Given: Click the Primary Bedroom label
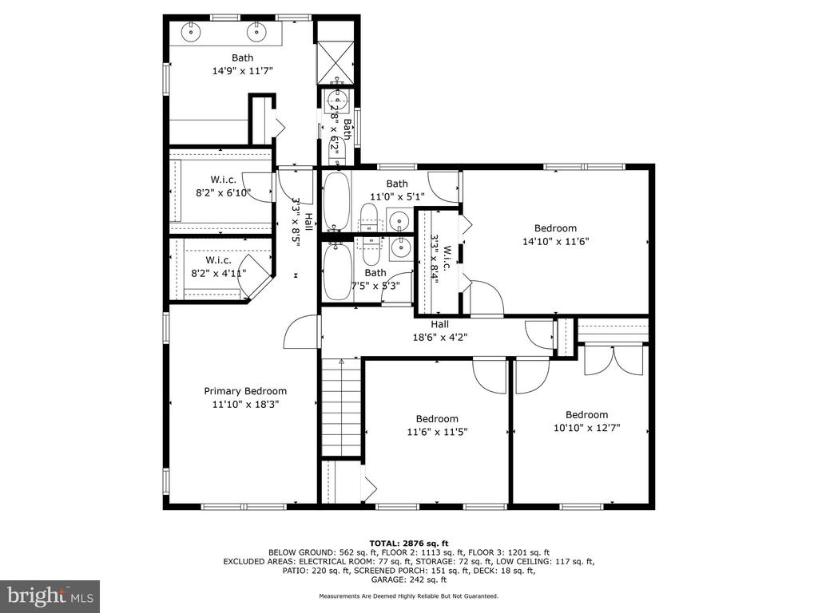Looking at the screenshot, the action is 245,391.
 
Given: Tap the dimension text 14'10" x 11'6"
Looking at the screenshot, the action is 556,241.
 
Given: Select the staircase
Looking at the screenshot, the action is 341,408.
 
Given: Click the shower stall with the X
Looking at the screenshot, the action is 336,61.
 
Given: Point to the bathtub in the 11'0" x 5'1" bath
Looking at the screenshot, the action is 336,201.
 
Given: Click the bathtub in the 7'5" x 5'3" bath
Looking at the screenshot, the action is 336,271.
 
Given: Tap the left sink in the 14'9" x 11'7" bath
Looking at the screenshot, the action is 192,32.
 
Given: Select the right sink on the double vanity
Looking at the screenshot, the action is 256,32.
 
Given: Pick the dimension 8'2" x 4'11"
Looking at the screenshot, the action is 219,273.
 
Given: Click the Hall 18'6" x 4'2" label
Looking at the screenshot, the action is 440,330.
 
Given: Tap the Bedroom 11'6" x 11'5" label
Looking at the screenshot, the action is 437,425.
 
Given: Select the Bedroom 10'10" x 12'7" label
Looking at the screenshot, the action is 587,421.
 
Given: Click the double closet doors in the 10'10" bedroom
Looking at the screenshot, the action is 613,360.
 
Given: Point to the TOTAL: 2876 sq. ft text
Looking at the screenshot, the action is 409,543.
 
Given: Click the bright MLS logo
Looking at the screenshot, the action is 50,595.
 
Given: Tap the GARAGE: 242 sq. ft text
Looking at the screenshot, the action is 409,579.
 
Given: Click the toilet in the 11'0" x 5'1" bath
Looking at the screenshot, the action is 369,218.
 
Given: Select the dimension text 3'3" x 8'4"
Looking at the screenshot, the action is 434,259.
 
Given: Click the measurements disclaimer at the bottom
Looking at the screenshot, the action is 409,595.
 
